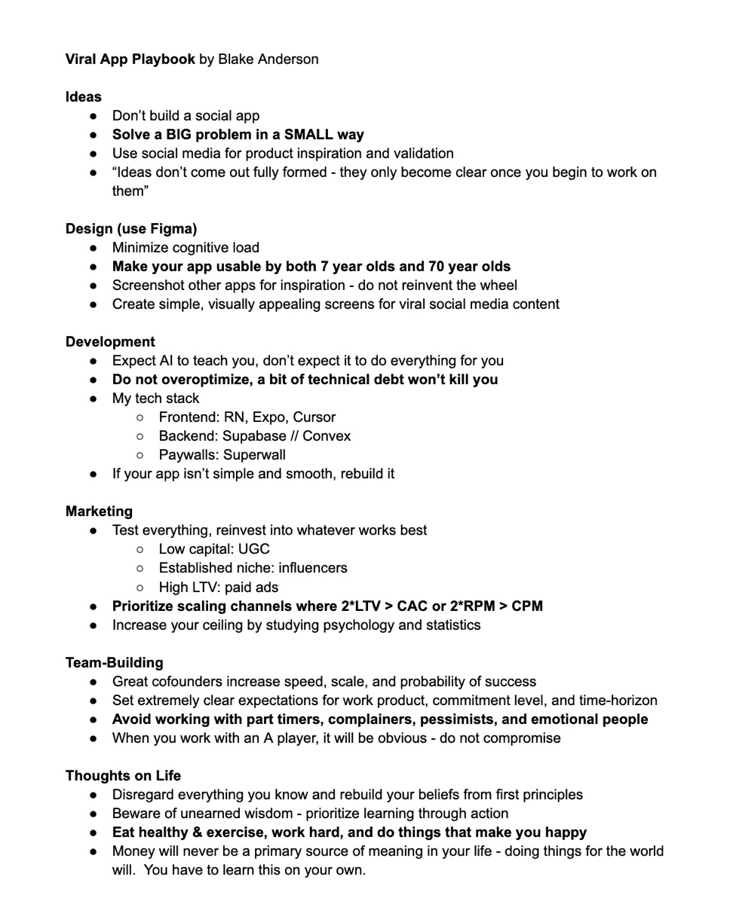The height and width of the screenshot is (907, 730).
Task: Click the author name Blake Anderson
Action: [x=268, y=59]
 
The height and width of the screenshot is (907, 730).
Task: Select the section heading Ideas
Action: [x=83, y=96]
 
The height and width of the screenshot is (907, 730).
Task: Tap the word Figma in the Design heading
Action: [x=174, y=228]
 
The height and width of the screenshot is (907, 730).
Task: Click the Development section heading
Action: [x=110, y=341]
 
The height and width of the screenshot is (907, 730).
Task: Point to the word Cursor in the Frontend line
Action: [x=314, y=417]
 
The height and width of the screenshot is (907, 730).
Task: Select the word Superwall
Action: [x=254, y=454]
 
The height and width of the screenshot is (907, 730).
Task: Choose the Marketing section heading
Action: [x=99, y=512]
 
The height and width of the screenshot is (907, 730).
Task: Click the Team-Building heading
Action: [x=114, y=662]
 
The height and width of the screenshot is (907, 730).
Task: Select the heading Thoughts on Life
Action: [x=123, y=775]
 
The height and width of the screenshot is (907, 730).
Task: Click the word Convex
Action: [x=327, y=435]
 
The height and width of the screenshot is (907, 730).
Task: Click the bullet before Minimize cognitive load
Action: [x=93, y=248]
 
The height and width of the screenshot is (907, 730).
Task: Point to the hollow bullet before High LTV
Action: [x=140, y=587]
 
